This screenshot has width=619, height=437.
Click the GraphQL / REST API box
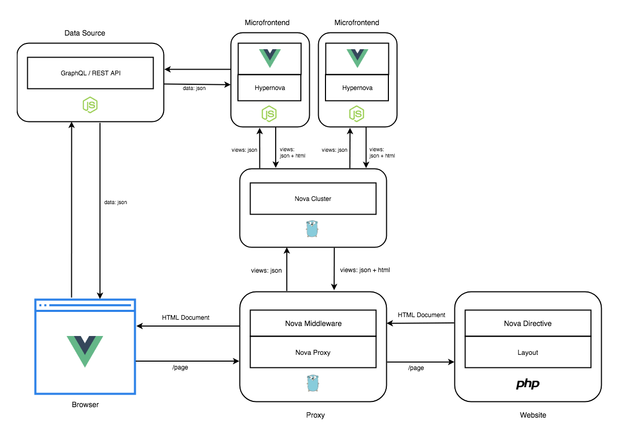click(90, 73)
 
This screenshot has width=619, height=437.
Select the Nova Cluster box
click(313, 198)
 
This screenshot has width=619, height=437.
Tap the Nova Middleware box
click(313, 323)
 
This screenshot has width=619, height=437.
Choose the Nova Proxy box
click(313, 352)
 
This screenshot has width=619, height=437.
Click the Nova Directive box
click(528, 323)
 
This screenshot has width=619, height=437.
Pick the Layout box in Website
click(528, 352)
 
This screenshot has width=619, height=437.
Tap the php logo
click(528, 384)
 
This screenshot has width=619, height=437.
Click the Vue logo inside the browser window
click(85, 351)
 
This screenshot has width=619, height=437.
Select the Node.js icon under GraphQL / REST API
click(91, 105)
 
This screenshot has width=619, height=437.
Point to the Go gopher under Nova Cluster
click(312, 229)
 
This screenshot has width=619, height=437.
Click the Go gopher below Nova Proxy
click(312, 383)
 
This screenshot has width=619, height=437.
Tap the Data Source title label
click(85, 33)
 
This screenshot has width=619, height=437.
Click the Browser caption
click(85, 405)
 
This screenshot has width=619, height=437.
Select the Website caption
click(533, 415)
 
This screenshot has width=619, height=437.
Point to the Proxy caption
click(315, 415)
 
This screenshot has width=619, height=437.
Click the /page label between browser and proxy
click(180, 367)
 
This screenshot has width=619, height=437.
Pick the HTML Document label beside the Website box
click(421, 315)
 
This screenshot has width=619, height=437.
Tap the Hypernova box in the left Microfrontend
click(269, 88)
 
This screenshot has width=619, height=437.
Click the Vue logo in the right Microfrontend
click(357, 58)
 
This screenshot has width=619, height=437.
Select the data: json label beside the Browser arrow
click(115, 202)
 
